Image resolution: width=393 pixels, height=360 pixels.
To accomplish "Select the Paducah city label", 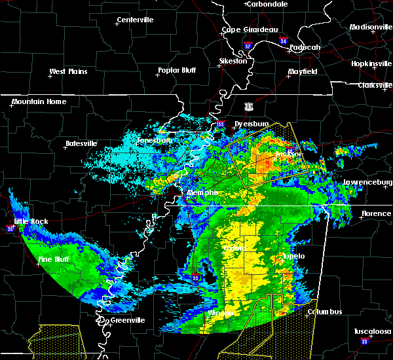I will [305, 47].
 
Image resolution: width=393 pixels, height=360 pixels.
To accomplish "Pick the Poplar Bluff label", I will [178, 70].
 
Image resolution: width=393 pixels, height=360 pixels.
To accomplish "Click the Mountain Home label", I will [39, 101].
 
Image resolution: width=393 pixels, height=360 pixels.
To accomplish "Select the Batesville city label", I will [81, 143].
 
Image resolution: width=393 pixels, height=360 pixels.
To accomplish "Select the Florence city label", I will [376, 213].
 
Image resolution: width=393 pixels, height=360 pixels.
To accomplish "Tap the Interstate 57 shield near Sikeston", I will [248, 46].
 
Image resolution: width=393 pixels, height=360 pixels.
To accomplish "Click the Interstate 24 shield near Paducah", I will [284, 41].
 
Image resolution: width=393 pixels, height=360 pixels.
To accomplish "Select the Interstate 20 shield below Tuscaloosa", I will [364, 342].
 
